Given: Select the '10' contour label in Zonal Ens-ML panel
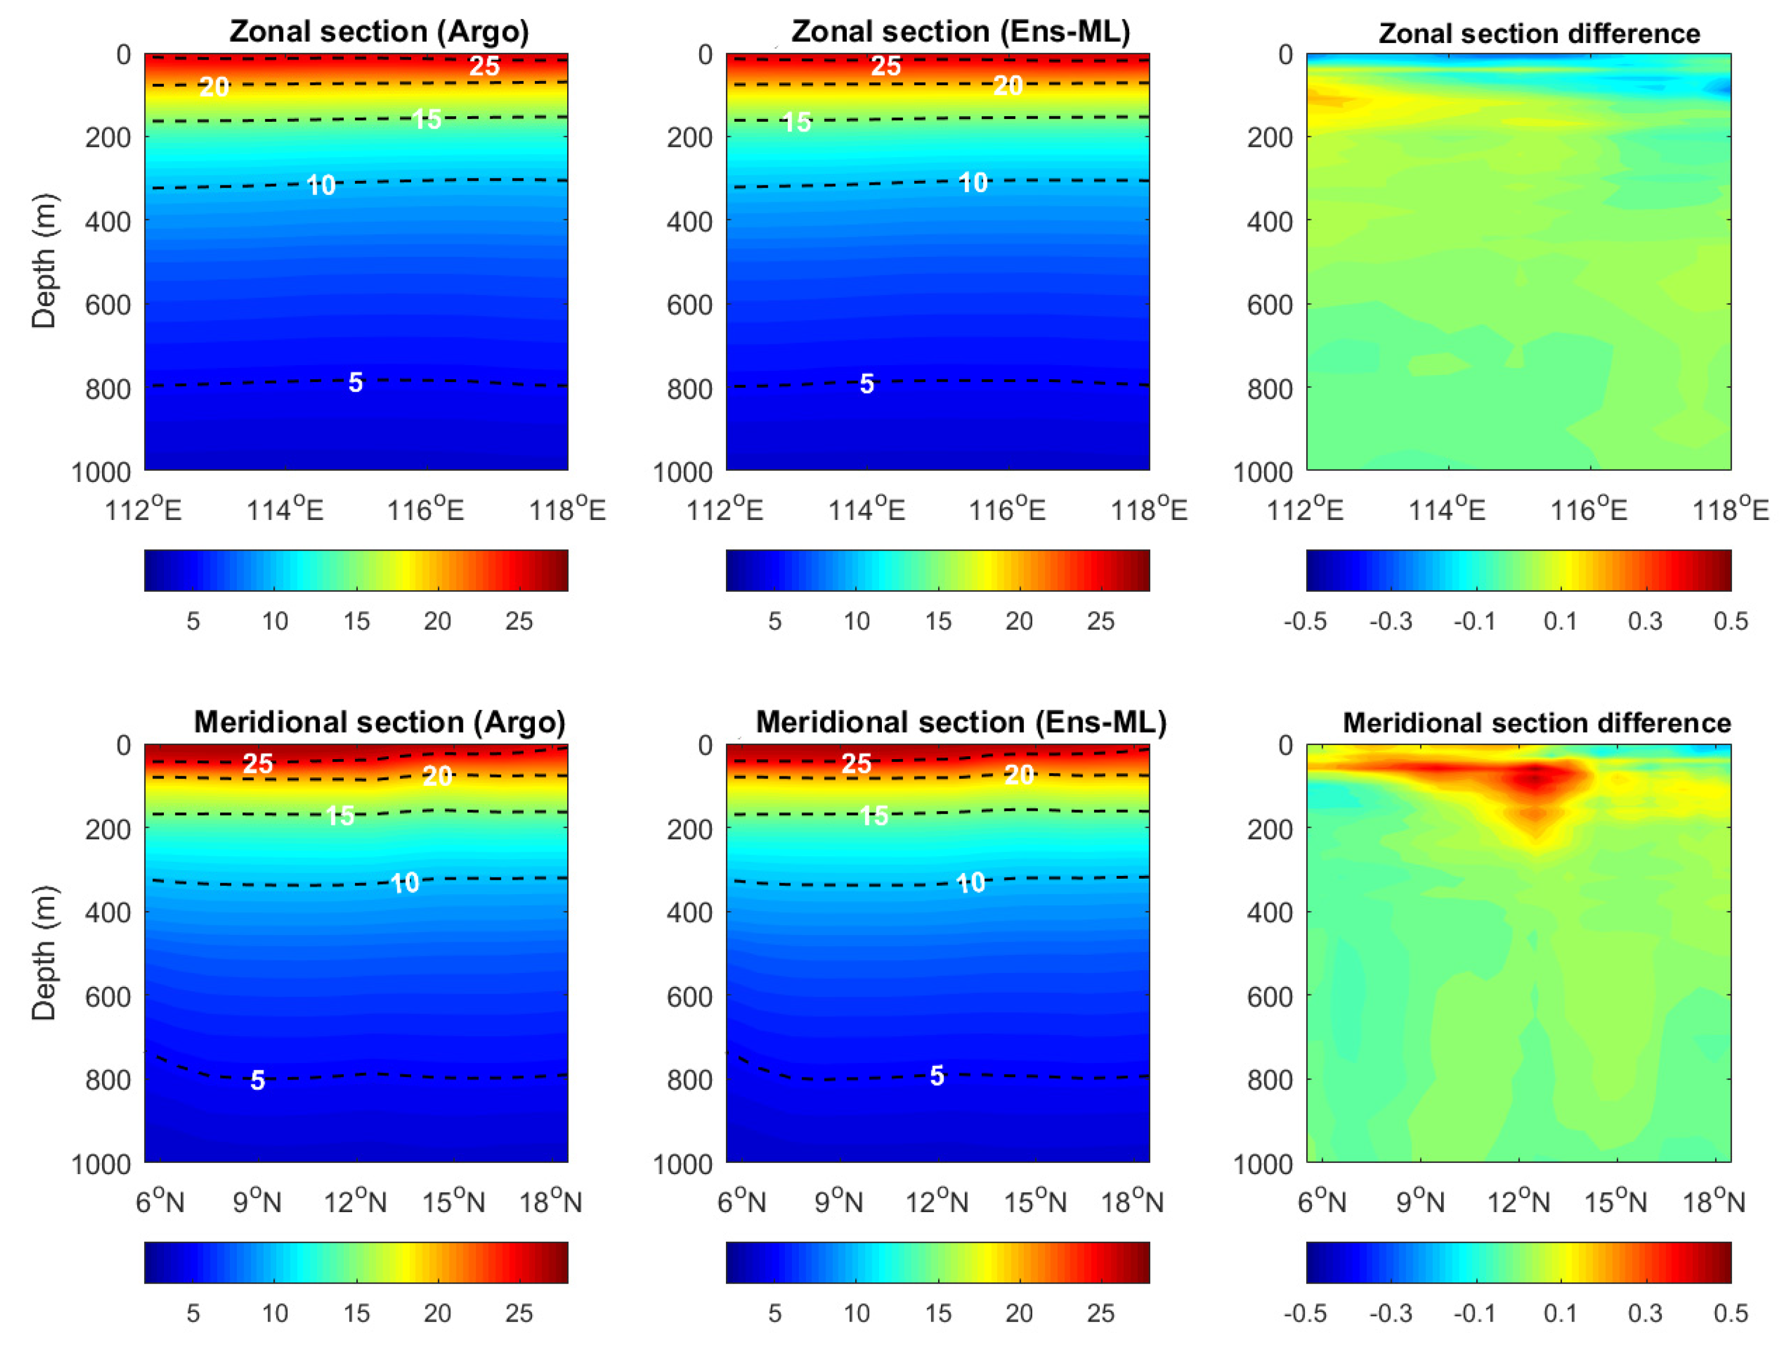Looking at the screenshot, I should [973, 183].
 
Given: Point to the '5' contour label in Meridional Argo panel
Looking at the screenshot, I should [257, 1080].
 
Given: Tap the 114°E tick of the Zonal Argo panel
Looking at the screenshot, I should [285, 510].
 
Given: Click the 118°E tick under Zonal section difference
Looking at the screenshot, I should [1730, 510].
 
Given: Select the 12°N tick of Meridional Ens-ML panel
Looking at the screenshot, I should [936, 1202].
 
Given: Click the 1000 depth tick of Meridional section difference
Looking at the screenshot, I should [1263, 1164].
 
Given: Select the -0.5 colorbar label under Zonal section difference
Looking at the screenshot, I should [1304, 621].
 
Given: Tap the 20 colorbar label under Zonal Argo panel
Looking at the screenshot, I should [437, 621].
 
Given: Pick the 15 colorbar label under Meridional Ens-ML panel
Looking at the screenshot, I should [938, 1313].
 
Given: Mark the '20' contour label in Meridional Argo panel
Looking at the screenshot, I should [437, 776].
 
